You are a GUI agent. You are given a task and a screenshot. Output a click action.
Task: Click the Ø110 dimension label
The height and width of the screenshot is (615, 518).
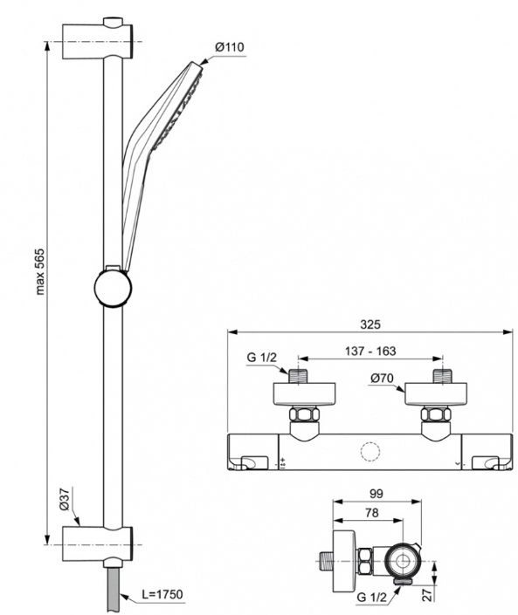(230, 47)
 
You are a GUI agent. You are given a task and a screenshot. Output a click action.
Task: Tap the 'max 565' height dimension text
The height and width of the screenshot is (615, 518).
(40, 271)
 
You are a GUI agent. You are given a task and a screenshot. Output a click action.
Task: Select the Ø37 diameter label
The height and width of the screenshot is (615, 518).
(65, 499)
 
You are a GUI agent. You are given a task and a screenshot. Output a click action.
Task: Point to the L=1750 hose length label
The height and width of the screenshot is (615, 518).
(162, 595)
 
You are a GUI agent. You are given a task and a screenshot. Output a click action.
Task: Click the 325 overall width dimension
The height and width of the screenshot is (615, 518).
(370, 325)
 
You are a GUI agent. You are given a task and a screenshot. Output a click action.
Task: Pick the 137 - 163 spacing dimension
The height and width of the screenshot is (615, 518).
(370, 351)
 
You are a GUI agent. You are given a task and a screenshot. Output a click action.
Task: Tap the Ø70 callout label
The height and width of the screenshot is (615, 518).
(382, 378)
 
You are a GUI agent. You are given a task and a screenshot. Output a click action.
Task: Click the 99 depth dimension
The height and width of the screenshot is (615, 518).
(376, 494)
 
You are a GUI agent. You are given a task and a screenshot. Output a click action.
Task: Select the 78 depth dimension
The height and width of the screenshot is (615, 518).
(371, 513)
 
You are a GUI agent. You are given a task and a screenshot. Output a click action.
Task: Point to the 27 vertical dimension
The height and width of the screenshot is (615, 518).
(428, 594)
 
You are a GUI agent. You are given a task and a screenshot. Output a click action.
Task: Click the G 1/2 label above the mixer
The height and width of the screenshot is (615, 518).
(261, 358)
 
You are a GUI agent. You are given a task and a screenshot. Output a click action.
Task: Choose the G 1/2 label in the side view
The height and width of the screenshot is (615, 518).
(371, 598)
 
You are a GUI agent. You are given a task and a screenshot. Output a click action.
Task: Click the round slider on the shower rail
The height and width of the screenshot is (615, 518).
(113, 288)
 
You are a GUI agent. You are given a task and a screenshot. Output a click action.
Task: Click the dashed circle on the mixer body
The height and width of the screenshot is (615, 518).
(370, 452)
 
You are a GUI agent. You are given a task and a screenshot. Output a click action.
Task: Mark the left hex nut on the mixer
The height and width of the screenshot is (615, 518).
(304, 415)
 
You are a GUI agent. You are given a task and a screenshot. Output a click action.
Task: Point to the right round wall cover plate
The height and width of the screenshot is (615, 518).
(436, 394)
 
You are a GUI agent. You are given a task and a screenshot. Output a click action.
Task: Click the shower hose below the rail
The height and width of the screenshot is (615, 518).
(114, 589)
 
